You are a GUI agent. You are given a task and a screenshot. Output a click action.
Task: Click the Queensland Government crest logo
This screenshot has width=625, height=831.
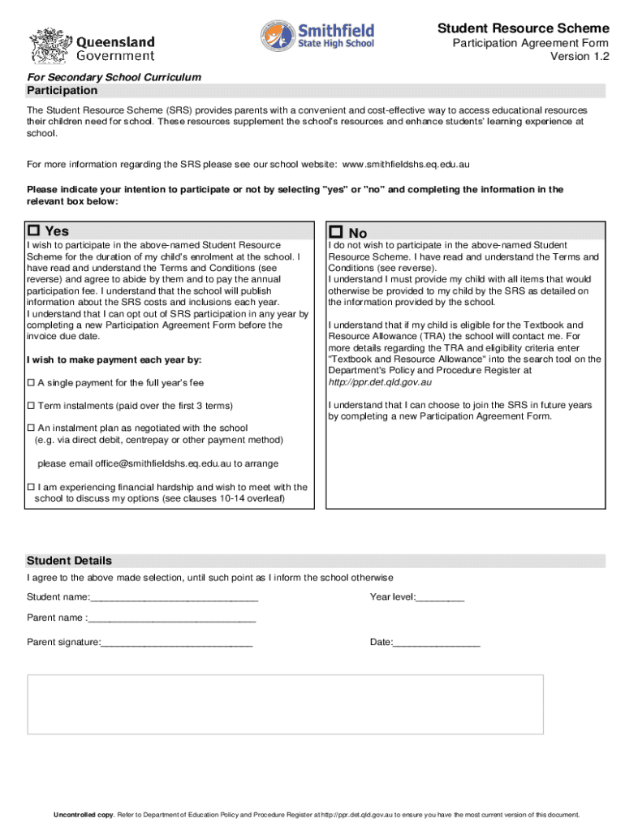[50, 44]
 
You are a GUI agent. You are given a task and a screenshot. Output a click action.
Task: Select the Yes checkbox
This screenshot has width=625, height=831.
[34, 231]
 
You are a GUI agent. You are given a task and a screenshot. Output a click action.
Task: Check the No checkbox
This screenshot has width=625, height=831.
[335, 232]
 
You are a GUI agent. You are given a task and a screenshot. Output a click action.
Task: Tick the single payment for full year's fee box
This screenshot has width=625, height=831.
[31, 382]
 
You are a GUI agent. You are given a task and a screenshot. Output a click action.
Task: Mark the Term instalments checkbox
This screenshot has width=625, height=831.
[31, 405]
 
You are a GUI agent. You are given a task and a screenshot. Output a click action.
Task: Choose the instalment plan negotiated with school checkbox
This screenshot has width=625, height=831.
[31, 428]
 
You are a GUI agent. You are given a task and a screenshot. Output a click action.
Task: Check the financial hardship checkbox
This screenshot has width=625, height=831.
[31, 487]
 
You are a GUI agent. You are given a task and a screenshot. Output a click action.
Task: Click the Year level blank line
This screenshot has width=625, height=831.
[440, 598]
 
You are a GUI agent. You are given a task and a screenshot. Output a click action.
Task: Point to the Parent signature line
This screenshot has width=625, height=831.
[177, 643]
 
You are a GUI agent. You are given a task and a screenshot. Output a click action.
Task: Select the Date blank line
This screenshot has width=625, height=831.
[437, 643]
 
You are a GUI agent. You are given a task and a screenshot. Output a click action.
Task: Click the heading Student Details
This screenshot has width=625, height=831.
[69, 561]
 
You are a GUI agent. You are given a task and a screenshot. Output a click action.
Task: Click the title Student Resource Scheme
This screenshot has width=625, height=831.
[523, 28]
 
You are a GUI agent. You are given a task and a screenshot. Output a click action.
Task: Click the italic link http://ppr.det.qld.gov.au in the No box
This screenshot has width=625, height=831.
[380, 381]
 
